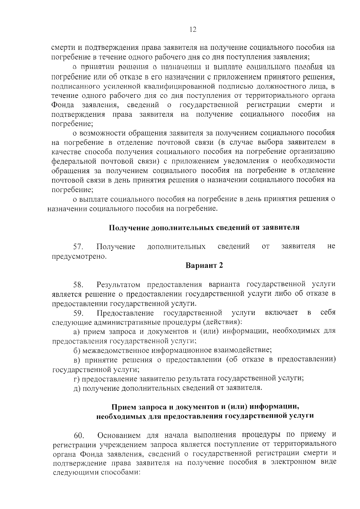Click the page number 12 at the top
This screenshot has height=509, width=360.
pos(193,29)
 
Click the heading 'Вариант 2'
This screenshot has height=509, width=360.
pos(204,266)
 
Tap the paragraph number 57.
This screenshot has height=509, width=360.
pos(79,247)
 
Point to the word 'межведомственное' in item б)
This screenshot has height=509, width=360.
pos(115,350)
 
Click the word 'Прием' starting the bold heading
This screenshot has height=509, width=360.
pos(123,407)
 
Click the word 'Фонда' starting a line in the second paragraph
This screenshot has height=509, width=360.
pos(63,105)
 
